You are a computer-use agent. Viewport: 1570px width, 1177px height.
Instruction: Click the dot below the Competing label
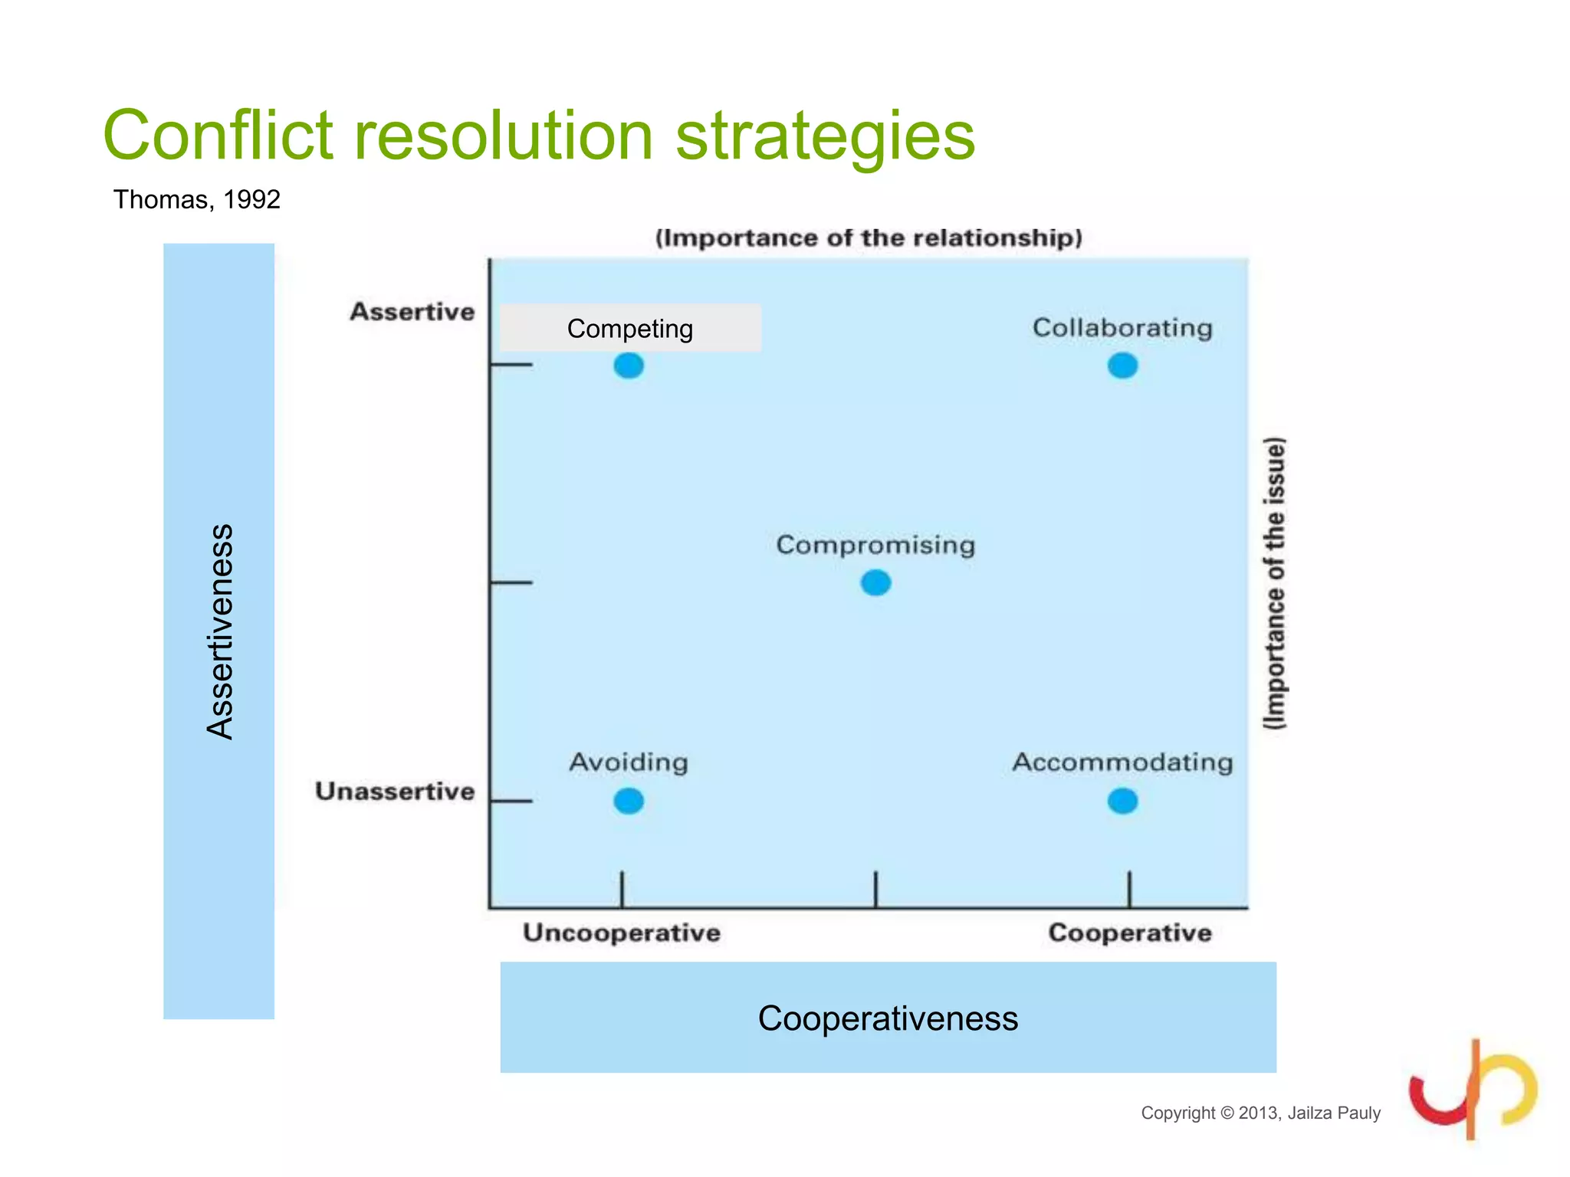pos(629,366)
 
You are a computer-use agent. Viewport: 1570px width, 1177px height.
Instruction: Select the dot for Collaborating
pos(1122,366)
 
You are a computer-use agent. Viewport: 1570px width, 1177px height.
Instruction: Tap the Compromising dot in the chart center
pos(875,583)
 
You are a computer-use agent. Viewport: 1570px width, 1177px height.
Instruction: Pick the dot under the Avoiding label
pos(629,802)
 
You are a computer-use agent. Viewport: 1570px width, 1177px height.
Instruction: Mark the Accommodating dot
pos(1122,802)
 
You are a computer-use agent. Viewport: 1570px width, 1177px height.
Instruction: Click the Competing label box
pos(630,328)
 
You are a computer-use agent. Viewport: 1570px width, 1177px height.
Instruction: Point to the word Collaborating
pos(1122,328)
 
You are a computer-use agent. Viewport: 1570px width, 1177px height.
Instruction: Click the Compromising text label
pos(875,545)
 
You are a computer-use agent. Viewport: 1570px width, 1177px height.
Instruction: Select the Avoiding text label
pos(629,762)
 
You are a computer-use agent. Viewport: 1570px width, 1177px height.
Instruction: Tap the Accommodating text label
pos(1122,762)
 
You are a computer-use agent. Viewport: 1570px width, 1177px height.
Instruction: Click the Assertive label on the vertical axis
pos(412,312)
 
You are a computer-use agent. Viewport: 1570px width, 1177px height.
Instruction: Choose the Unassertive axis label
pos(395,791)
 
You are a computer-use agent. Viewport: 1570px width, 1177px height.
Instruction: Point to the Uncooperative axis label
pos(622,933)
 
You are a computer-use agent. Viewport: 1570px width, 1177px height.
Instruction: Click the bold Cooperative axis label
pos(1130,933)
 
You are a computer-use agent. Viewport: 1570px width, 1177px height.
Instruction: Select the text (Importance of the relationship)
pos(869,238)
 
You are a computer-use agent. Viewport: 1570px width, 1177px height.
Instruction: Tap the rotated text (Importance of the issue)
pos(1274,583)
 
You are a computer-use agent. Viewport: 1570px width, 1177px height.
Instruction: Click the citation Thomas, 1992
pos(197,199)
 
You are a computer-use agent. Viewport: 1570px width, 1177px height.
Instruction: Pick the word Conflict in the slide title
pos(218,136)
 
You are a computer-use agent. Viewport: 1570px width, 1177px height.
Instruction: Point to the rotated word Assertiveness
pos(220,631)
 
